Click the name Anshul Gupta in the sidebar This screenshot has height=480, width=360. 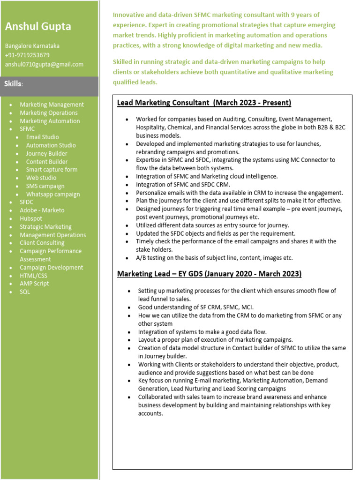(x=38, y=27)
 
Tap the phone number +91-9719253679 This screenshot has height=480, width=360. (x=27, y=55)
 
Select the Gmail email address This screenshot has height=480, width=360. (x=44, y=64)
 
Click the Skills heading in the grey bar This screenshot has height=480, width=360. (x=14, y=84)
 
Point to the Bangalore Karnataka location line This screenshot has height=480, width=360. (x=32, y=46)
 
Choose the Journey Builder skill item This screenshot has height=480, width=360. (x=46, y=153)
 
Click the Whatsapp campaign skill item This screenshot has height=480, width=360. (x=53, y=194)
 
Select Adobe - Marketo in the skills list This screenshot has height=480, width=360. (x=42, y=210)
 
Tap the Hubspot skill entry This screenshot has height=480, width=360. (x=31, y=218)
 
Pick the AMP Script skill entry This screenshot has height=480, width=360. (x=34, y=284)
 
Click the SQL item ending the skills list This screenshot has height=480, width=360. (x=25, y=292)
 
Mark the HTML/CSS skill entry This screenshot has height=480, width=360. (x=33, y=276)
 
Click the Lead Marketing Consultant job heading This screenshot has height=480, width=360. (x=204, y=103)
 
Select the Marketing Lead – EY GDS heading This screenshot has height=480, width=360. (x=209, y=273)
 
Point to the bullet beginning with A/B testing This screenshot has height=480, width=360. (x=214, y=258)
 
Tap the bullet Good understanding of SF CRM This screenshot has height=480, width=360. (x=195, y=307)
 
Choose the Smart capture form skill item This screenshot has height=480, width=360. (x=52, y=170)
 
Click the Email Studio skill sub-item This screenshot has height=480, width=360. (x=43, y=137)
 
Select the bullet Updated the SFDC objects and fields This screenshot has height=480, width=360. (x=216, y=233)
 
